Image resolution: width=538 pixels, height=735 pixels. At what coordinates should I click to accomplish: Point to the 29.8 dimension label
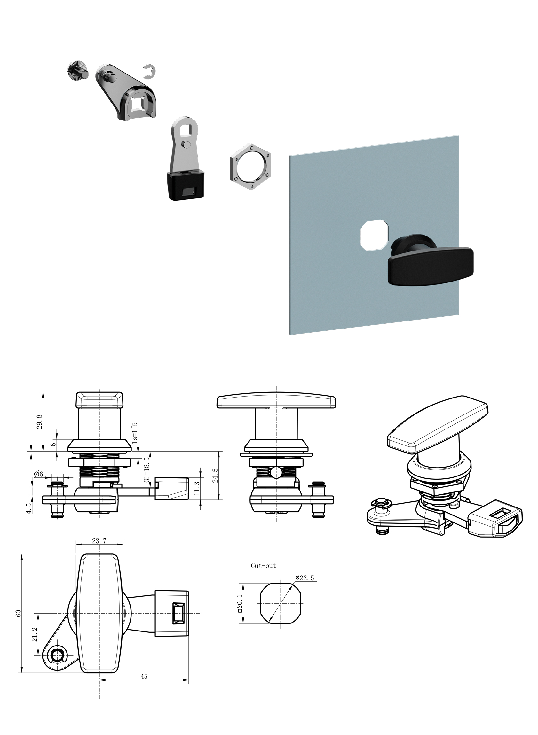40,422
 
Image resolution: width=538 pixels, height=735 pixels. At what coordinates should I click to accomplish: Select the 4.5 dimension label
29,508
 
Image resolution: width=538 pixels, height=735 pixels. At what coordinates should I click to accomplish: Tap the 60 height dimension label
19,613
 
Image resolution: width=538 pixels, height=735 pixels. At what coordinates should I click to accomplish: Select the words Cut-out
264,566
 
